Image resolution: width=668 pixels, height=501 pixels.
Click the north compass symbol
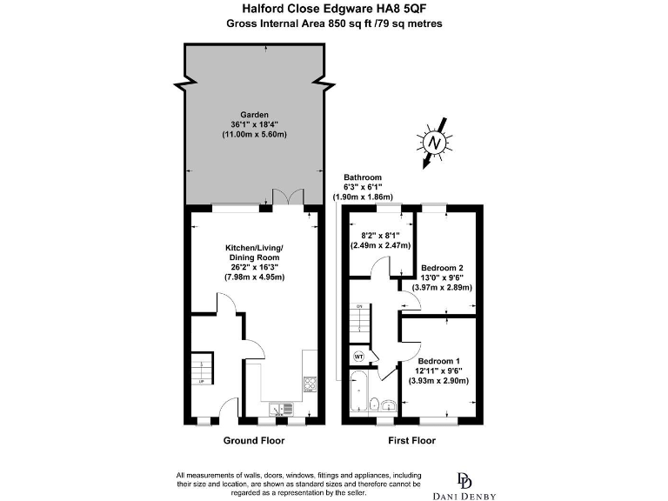(438, 142)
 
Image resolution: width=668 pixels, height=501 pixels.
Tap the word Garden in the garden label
(255, 114)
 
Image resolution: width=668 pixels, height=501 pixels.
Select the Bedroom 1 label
(438, 360)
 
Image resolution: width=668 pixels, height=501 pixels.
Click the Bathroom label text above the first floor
(362, 177)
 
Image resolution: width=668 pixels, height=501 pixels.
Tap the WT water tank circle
(358, 356)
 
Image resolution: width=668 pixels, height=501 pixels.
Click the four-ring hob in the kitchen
(309, 384)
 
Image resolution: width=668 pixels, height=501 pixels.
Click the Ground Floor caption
(254, 441)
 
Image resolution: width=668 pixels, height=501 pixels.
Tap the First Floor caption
(411, 441)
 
